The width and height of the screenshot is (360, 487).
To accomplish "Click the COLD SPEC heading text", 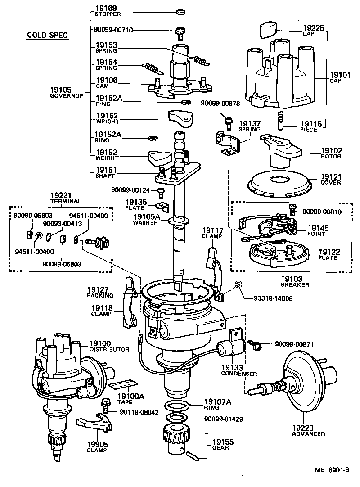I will click(x=47, y=35).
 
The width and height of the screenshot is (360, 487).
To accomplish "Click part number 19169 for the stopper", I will click(x=106, y=8).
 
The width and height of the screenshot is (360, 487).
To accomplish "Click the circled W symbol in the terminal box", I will click(x=39, y=235).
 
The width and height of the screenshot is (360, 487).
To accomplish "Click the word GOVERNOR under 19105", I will click(x=67, y=96).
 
